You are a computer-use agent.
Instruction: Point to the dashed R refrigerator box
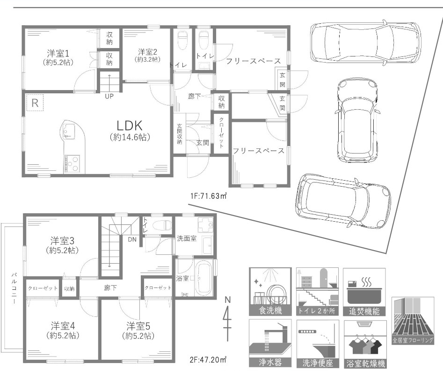pyautogui.click(x=35, y=103)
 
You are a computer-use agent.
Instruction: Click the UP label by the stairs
pyautogui.click(x=109, y=97)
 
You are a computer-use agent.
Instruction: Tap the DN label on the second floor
pyautogui.click(x=132, y=239)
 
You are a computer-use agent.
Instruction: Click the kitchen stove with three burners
pyautogui.click(x=73, y=164)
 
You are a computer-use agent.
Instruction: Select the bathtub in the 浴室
pyautogui.click(x=204, y=278)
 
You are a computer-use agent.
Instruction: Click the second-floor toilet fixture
pyautogui.click(x=162, y=225)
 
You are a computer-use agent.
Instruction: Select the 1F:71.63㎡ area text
pyautogui.click(x=209, y=196)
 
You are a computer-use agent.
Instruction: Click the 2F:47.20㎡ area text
pyautogui.click(x=208, y=359)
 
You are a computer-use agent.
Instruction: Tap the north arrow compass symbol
pyautogui.click(x=227, y=314)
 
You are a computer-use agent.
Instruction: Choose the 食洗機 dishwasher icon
pyautogui.click(x=270, y=292)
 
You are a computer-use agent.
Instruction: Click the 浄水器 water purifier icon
pyautogui.click(x=270, y=343)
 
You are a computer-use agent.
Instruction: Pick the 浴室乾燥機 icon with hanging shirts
pyautogui.click(x=365, y=344)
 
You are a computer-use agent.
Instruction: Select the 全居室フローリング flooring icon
pyautogui.click(x=413, y=321)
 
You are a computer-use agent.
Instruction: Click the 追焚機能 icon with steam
pyautogui.click(x=364, y=292)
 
